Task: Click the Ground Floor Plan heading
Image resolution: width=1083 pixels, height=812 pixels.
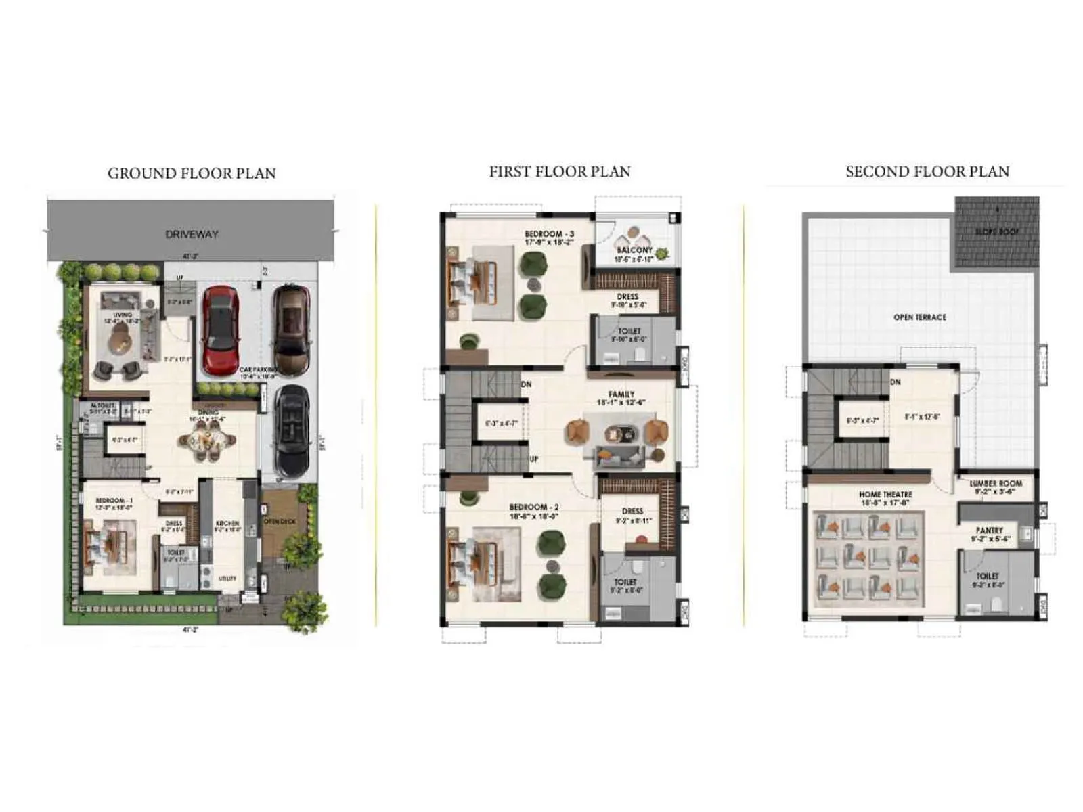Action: [x=192, y=173]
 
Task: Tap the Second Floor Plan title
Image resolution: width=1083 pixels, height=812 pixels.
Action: [x=927, y=172]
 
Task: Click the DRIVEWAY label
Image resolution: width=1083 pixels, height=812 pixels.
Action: [x=192, y=234]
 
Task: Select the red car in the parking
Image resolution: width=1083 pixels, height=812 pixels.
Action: [x=221, y=329]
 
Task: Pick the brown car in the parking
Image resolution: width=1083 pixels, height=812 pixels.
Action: [x=291, y=329]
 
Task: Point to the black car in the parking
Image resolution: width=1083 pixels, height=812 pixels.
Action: [x=292, y=430]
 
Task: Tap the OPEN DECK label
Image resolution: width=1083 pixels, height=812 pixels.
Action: [x=280, y=522]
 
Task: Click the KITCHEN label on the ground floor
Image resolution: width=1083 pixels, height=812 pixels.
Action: [x=227, y=523]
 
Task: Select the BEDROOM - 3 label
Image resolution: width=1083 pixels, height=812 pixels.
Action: [x=549, y=234]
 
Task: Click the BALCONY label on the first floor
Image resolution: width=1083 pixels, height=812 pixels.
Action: [x=634, y=250]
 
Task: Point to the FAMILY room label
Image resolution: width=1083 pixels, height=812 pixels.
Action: [x=621, y=394]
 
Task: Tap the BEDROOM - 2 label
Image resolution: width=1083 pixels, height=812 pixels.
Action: [x=534, y=507]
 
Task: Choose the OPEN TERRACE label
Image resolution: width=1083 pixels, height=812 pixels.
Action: [x=920, y=317]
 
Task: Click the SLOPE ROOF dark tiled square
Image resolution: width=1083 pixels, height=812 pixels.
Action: [x=996, y=232]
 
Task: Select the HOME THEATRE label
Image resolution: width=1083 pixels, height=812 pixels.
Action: [x=885, y=495]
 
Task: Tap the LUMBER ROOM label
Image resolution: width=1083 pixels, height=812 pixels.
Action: [x=996, y=484]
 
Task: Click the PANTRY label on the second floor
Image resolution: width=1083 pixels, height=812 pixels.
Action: [x=990, y=531]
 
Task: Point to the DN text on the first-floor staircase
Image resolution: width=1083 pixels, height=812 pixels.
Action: [x=527, y=384]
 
